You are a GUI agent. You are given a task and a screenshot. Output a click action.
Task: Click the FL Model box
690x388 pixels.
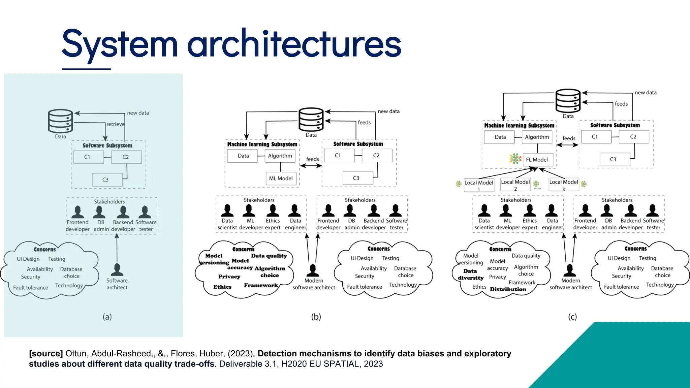pyautogui.click(x=538, y=160)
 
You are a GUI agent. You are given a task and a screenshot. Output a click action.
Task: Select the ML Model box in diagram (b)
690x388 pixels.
pyautogui.click(x=281, y=179)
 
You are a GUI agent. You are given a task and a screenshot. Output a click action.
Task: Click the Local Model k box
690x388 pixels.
pyautogui.click(x=564, y=185)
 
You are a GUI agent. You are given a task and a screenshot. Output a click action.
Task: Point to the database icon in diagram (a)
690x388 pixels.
pyautogui.click(x=60, y=121)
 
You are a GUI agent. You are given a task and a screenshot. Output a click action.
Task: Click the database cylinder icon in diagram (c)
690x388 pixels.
pyautogui.click(x=568, y=101)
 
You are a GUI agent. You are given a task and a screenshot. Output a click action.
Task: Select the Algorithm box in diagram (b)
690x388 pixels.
pyautogui.click(x=280, y=156)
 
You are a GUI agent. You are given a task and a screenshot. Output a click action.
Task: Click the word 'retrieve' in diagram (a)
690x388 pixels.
pyautogui.click(x=115, y=124)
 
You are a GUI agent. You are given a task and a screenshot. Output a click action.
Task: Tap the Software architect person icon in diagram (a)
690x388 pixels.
pyautogui.click(x=117, y=269)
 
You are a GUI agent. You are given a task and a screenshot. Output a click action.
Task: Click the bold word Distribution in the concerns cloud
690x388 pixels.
pyautogui.click(x=508, y=289)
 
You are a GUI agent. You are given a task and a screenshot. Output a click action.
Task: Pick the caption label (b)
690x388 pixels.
pyautogui.click(x=316, y=317)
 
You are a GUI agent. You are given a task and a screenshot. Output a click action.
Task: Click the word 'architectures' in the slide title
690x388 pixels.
pyautogui.click(x=294, y=44)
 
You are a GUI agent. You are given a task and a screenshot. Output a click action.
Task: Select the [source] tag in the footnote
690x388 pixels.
pyautogui.click(x=46, y=354)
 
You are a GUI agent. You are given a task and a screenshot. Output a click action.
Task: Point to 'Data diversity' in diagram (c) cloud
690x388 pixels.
pyautogui.click(x=470, y=274)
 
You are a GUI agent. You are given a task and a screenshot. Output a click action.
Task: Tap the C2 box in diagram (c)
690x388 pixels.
pyautogui.click(x=633, y=137)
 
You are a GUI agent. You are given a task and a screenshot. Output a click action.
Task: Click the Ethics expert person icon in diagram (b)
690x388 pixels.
pyautogui.click(x=273, y=211)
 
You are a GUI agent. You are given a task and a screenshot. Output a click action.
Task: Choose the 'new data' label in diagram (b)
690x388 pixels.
pyautogui.click(x=388, y=111)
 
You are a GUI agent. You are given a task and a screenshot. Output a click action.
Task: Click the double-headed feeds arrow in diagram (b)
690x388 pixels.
pyautogui.click(x=311, y=166)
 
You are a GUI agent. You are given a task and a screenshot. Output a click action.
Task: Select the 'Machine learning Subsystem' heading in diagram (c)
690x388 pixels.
pyautogui.click(x=519, y=126)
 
